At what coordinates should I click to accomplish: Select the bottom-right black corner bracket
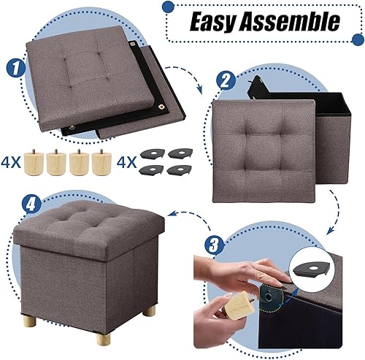click(x=178, y=169)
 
